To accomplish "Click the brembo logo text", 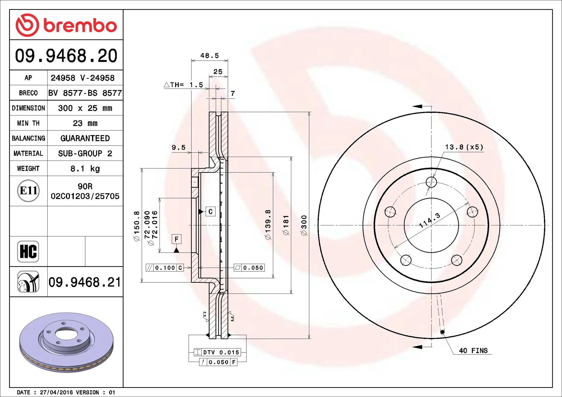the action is click(x=80, y=25).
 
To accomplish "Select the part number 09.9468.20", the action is click(x=66, y=56).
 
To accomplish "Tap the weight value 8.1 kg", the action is click(x=85, y=169).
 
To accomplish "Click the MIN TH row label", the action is click(x=28, y=123).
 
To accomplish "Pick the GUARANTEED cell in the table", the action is click(x=85, y=138).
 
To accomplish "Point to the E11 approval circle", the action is click(x=28, y=191).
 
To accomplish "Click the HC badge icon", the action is click(x=28, y=251).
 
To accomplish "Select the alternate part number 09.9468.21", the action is click(x=85, y=282).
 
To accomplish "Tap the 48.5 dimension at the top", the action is click(x=210, y=56).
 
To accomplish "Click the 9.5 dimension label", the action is click(x=179, y=148).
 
